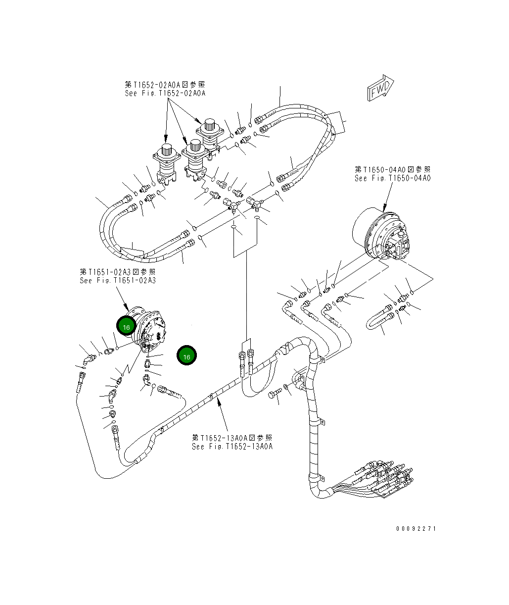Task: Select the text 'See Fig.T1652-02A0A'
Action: coord(165,93)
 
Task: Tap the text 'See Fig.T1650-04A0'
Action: coord(392,178)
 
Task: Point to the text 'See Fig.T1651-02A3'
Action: coord(118,280)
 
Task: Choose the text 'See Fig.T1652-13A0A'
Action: coord(232,447)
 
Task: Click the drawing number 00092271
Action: coord(416,529)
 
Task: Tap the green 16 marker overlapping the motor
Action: coord(126,327)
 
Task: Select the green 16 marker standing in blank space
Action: coord(186,356)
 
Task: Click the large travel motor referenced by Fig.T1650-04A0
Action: coord(381,235)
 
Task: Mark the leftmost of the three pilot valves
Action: coord(166,161)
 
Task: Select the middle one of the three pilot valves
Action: coord(195,157)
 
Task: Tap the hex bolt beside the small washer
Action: coord(275,395)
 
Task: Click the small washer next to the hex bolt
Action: coord(286,386)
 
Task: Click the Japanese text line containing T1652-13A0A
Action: coord(232,438)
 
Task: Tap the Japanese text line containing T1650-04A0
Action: coord(392,170)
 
